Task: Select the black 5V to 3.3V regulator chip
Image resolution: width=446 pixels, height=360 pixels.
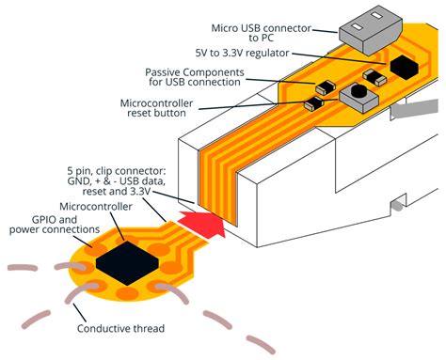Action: (x=406, y=66)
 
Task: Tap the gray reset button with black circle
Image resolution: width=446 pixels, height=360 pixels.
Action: (x=358, y=96)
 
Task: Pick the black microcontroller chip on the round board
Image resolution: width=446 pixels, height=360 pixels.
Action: (x=122, y=262)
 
